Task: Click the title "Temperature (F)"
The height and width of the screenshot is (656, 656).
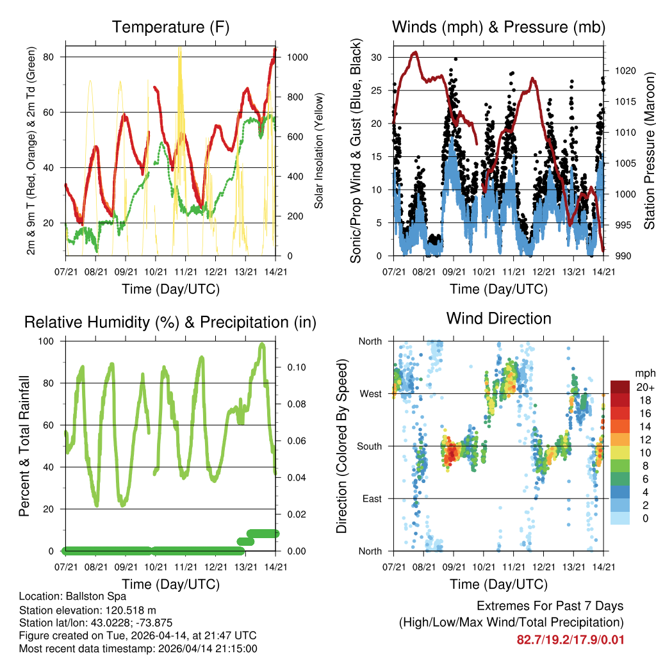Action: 170,28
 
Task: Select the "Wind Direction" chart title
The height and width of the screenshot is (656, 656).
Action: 498,318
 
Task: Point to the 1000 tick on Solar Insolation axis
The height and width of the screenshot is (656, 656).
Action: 299,57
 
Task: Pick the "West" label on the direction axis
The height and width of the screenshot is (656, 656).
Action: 370,393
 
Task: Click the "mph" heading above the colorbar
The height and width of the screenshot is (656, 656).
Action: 644,373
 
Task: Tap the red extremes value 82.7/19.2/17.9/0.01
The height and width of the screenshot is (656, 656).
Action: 570,639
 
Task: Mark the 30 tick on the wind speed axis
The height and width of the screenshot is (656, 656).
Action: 377,57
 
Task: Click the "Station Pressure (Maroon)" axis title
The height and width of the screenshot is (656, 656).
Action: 648,151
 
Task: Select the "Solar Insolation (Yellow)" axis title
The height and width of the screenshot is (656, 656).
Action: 318,151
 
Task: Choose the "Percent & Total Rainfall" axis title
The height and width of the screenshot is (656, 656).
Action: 24,446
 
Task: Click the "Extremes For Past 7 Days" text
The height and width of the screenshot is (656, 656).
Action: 550,606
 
